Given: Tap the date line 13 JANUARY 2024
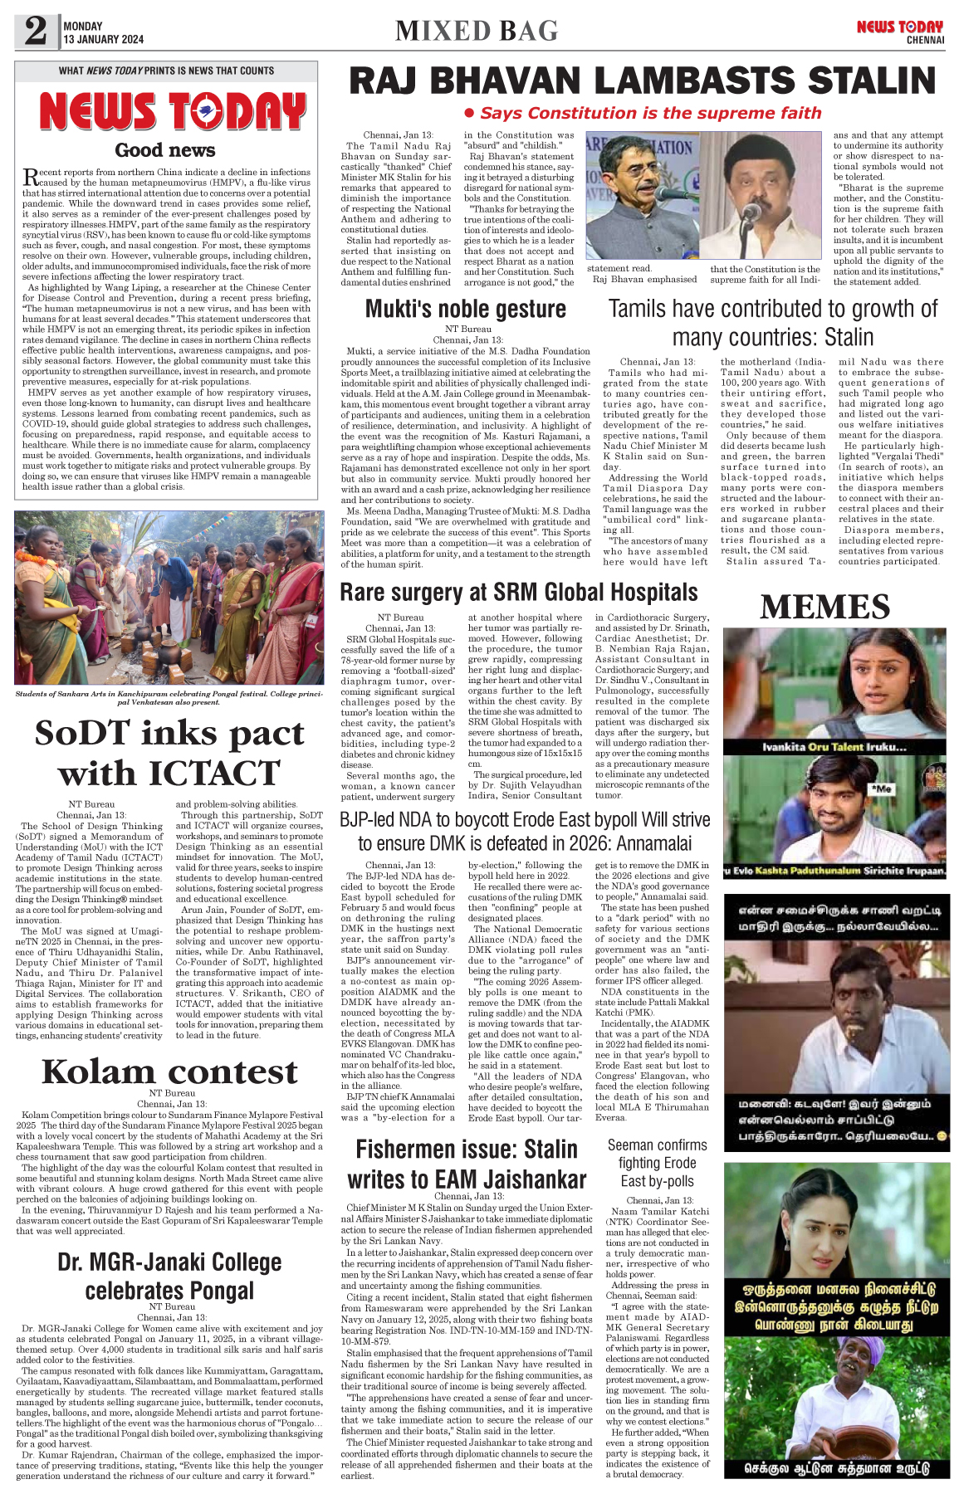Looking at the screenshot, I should click(x=103, y=39).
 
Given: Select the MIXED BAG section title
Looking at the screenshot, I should click(x=477, y=31).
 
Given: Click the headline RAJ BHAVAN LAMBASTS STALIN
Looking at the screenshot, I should click(x=642, y=81).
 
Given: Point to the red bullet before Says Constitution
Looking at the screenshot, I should click(x=469, y=113).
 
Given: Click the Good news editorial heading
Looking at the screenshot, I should click(x=165, y=150).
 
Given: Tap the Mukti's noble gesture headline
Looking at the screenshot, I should click(x=466, y=309).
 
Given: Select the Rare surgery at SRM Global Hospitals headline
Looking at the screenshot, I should click(x=519, y=592).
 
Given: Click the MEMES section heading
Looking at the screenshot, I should click(x=825, y=607).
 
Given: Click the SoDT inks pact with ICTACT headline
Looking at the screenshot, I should click(x=169, y=752).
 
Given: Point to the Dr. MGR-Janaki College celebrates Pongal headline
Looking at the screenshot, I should click(x=169, y=1276).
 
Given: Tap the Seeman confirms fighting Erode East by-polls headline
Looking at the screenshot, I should click(x=657, y=1163).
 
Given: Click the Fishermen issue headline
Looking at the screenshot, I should click(x=467, y=1164).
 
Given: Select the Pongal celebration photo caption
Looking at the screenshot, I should click(x=169, y=698).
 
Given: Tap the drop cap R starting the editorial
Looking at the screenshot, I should click(x=30, y=177).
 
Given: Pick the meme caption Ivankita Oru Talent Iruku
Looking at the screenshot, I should click(x=834, y=747).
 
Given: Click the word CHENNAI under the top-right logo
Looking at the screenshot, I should click(x=925, y=40).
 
